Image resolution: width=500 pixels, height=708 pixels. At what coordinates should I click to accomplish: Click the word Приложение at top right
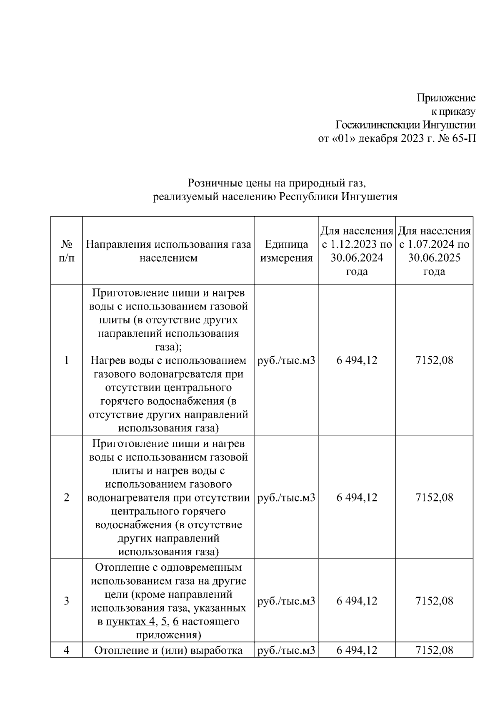pos(446,98)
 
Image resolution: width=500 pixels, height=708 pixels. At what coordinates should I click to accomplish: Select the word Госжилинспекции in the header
pos(377,125)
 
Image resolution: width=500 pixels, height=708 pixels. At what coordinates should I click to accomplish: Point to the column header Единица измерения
pos(286,251)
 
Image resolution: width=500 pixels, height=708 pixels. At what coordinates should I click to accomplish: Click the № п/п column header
pos(66,251)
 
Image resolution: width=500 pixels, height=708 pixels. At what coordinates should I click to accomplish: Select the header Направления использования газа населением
pos(168,251)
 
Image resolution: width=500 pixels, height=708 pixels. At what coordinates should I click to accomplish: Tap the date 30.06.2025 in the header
pos(434,258)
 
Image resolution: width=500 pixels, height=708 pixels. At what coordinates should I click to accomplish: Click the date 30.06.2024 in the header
pos(357,258)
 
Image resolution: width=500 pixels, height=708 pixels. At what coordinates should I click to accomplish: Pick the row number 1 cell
pos(66,360)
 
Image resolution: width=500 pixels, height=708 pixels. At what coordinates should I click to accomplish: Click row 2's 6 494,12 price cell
pos(357,497)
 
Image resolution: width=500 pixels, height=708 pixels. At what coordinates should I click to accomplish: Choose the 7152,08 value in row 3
pos(434,601)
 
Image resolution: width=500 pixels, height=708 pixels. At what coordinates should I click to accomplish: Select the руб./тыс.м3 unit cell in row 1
pos(286,360)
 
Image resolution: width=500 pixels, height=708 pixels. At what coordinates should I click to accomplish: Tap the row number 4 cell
pos(66,650)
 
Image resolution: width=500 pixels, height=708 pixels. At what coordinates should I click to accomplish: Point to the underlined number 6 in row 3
pos(175,622)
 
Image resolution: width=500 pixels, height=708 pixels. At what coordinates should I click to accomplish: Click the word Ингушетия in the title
pos(369,197)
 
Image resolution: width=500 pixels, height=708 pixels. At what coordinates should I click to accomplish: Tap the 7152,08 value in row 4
pos(434,650)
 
